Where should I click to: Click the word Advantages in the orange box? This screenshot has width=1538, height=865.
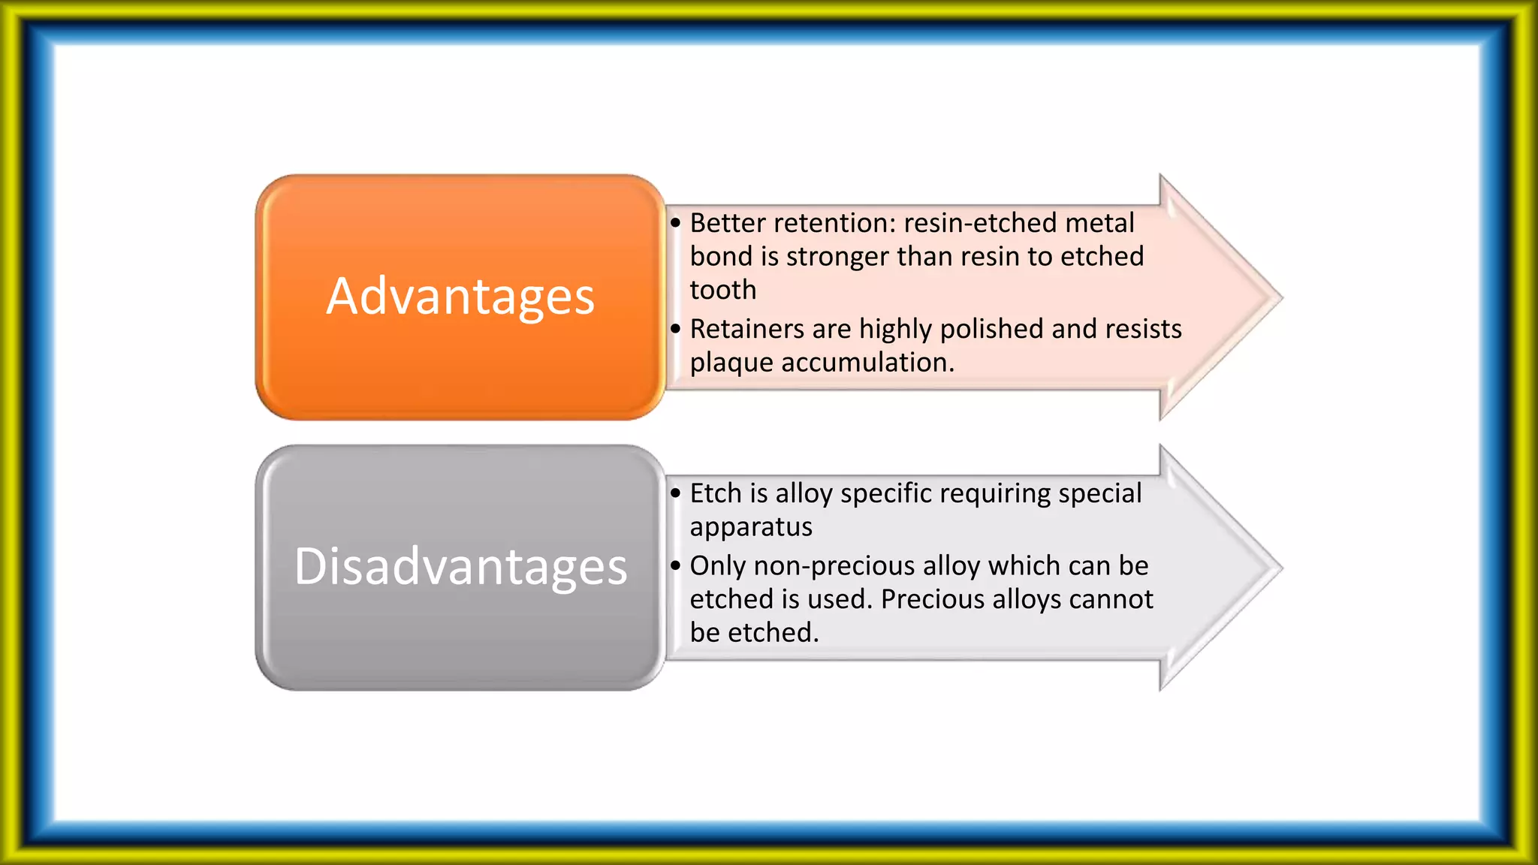coord(460,297)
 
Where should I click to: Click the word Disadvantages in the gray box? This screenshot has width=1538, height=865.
coord(460,567)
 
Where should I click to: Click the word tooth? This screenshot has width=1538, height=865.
coord(722,290)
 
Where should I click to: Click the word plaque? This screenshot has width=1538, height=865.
coord(731,363)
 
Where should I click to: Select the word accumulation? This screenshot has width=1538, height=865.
coord(867,363)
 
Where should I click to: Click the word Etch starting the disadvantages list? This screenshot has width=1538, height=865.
coord(716,493)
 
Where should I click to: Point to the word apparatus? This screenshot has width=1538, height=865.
coord(751,527)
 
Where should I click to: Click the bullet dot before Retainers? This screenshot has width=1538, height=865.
coord(676,329)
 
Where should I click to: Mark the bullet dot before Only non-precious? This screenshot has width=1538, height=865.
coord(676,565)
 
